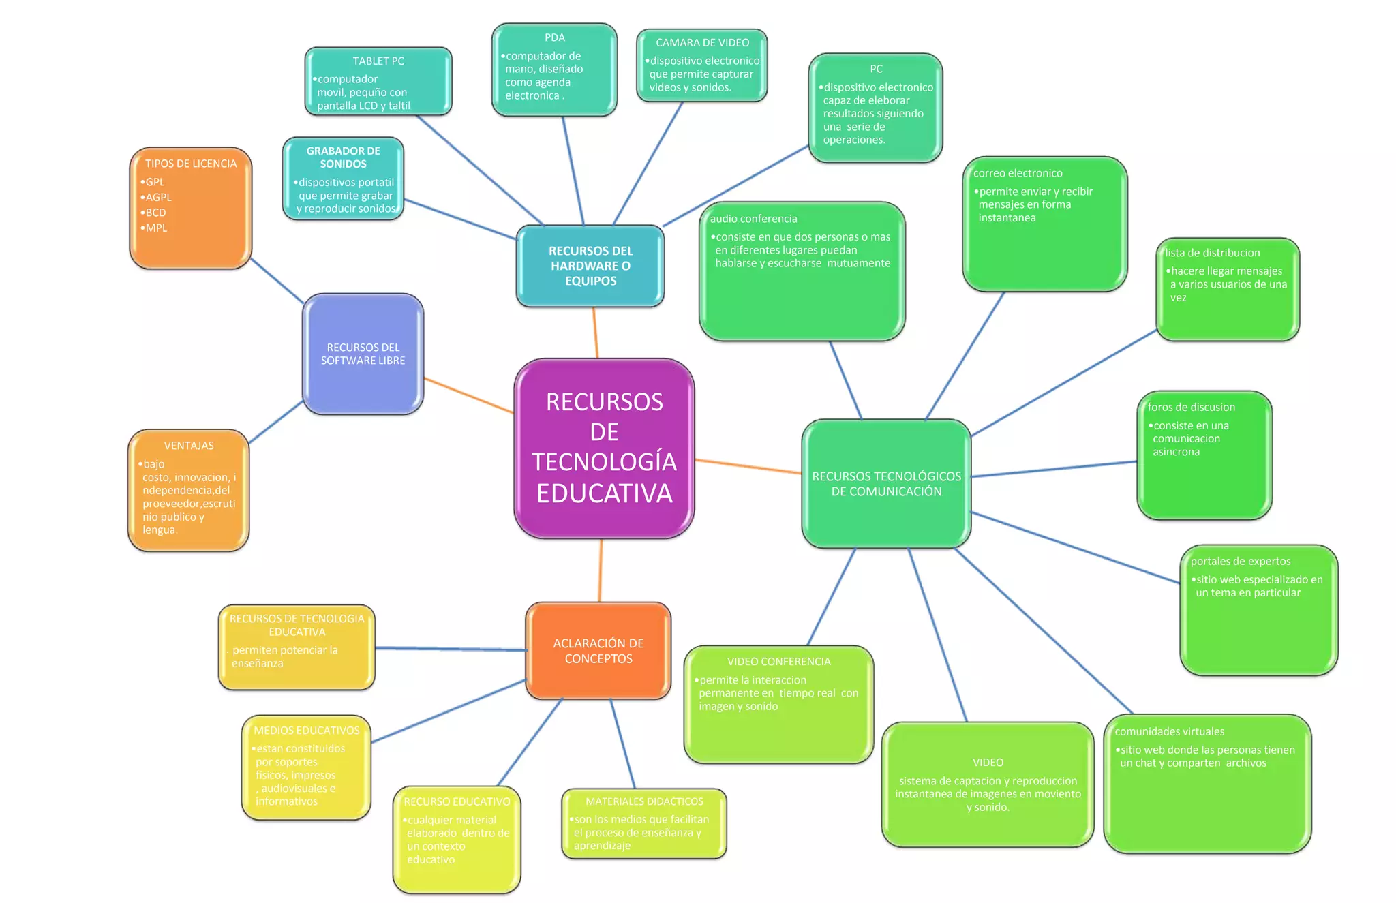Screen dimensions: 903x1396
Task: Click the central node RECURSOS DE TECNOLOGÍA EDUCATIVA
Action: (604, 448)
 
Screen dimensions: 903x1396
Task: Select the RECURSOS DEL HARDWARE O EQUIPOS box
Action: (590, 266)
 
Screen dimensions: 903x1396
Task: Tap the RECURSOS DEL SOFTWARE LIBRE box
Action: (363, 354)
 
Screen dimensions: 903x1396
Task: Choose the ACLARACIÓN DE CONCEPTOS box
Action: (598, 651)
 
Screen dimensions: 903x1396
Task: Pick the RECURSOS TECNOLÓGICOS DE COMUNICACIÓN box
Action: (886, 483)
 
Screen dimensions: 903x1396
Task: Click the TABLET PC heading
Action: (378, 61)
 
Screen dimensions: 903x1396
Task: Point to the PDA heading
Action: (555, 37)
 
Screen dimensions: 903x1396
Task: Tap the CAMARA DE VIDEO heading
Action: (702, 42)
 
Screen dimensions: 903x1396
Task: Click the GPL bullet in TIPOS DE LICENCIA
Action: (155, 182)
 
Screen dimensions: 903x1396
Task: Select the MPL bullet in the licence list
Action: (156, 228)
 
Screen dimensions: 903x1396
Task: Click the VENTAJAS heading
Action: (189, 446)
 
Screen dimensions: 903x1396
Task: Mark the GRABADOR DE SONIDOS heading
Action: (343, 157)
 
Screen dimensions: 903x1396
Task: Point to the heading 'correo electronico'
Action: (1018, 173)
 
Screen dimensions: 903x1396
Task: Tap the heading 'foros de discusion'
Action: (1191, 407)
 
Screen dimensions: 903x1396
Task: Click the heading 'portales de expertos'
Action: (1241, 561)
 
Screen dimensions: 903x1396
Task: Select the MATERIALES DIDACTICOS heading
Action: (644, 801)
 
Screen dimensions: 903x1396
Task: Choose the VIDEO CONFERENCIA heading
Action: (778, 662)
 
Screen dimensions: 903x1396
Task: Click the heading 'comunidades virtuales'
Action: (1170, 731)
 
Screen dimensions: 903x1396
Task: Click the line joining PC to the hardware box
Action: (736, 185)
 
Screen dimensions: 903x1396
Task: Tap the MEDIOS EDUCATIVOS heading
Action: (307, 731)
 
